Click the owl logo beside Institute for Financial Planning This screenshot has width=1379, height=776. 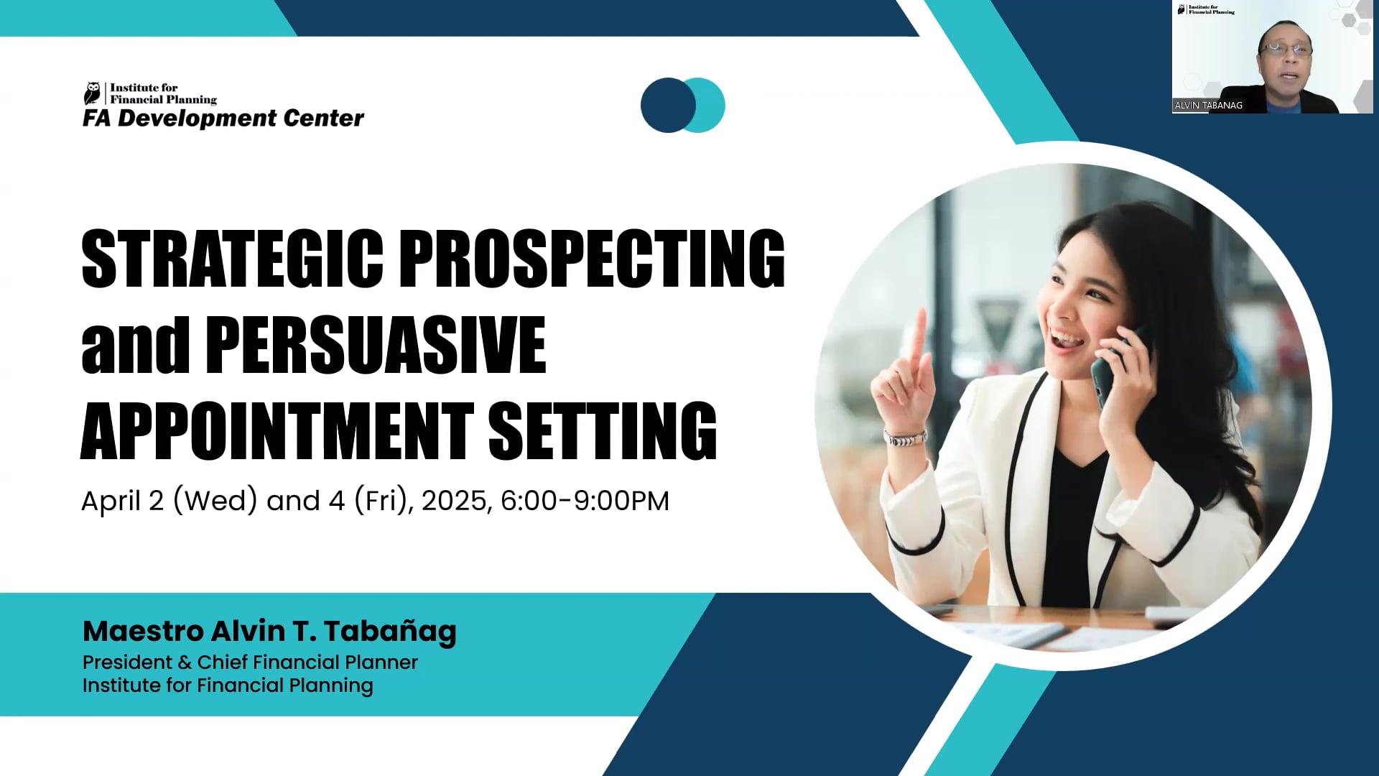click(93, 93)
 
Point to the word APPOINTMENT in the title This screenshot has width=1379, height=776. click(277, 431)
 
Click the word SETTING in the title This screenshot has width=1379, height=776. click(603, 431)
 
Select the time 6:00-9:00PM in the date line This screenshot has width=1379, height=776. click(585, 501)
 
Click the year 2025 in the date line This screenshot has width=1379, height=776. click(455, 501)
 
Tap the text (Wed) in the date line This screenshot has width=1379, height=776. click(215, 501)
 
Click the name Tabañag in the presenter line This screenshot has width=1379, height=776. click(389, 631)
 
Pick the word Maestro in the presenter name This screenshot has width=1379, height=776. click(143, 631)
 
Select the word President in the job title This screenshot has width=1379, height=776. click(127, 662)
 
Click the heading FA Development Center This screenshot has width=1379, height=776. click(223, 119)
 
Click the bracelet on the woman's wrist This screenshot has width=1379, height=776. click(905, 438)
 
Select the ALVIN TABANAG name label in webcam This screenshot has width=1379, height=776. click(1208, 106)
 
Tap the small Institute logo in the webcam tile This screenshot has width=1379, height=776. click(1206, 9)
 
